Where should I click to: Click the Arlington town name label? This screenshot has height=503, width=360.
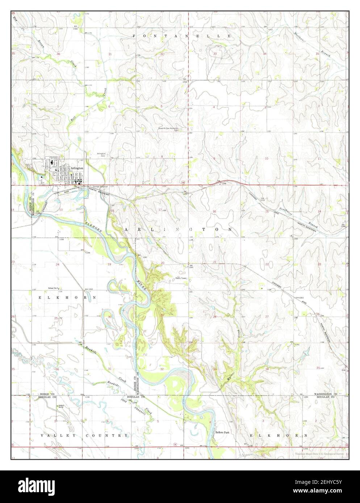click(77, 168)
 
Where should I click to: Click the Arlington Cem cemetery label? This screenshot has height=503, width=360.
click(101, 154)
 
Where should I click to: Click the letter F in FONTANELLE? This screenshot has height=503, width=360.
click(135, 36)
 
